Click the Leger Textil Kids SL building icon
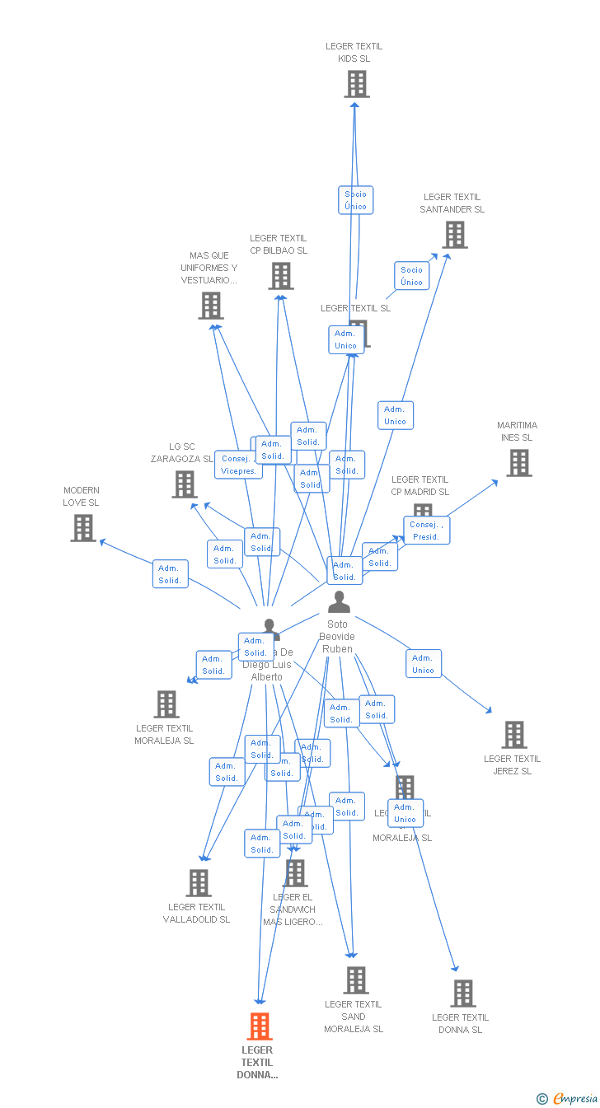coord(356,84)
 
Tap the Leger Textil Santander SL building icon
coord(454,235)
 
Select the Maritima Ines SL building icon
coord(518,463)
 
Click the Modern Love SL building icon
coord(83,528)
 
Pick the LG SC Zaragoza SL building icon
coord(185,484)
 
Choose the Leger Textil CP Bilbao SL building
coord(280,276)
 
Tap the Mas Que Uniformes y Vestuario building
coord(211,306)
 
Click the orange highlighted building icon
coord(260,1026)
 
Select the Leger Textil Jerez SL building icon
coord(514,734)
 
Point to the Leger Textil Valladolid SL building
coord(199,883)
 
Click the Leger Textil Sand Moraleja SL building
coord(355,980)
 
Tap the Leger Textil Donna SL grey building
coord(463,993)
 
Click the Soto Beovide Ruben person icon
coord(339,602)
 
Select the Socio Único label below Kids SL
coord(356,200)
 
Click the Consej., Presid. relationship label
coord(427,531)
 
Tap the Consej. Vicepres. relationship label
coord(238,465)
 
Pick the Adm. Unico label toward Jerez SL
coord(424,664)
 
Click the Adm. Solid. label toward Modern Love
coord(170,574)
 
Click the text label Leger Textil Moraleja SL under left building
coord(165,734)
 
